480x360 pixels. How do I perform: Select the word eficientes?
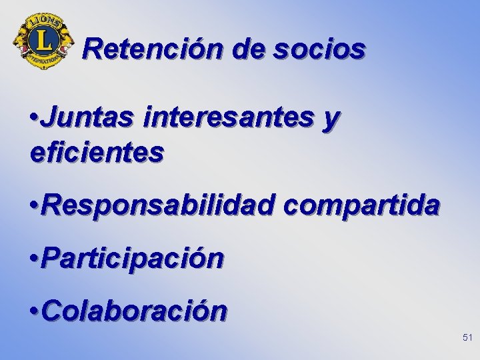tap(97, 153)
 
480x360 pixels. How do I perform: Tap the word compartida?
tap(361, 207)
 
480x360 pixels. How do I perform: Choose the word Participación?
tap(132, 258)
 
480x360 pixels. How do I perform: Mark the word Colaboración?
tap(134, 310)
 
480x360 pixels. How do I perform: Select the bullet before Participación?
tap(35, 259)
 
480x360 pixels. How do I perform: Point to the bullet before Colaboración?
tap(35, 311)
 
